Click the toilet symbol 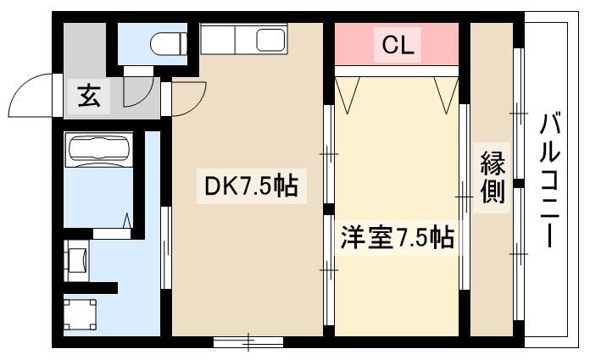pos(169,44)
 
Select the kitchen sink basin pos(270,41)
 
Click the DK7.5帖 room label pos(251,186)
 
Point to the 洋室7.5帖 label pos(398,237)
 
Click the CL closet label pos(398,45)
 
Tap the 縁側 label pos(493,177)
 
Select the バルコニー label pos(550,180)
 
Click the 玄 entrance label pos(89,96)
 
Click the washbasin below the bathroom pos(77,260)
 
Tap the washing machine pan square pos(80,314)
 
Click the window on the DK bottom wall pos(248,341)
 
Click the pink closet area pos(397,44)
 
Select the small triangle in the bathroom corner pos(127,220)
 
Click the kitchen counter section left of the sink pos(218,39)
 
